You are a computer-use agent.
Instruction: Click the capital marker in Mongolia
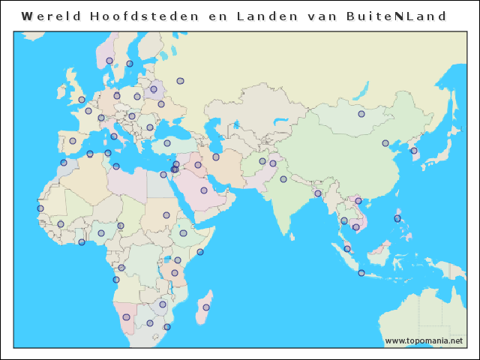point(361,114)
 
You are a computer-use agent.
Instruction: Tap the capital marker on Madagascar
point(206,307)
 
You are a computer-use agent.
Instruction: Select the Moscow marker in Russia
point(180,81)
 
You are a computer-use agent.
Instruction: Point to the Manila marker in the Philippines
point(397,218)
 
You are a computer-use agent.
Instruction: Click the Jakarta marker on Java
point(361,273)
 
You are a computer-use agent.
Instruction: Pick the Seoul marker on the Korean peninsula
point(413,151)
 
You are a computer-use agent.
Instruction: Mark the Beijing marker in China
point(385,143)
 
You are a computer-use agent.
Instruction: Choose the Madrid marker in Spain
point(73,141)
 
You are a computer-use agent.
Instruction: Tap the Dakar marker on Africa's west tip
point(40,208)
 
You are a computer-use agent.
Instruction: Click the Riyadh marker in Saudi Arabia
point(203,190)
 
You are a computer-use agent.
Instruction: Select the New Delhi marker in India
point(283,179)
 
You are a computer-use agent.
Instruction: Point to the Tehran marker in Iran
point(216,157)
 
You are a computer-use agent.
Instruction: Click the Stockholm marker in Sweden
point(130,64)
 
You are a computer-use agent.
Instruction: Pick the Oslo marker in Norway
point(109,61)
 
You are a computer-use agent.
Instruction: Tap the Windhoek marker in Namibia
point(126,317)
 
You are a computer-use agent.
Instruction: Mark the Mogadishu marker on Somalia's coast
point(200,252)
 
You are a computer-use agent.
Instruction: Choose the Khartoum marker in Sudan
point(166,215)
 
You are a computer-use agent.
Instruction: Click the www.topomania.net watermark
point(424,340)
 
